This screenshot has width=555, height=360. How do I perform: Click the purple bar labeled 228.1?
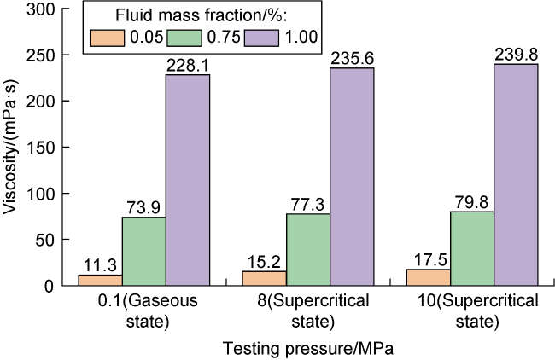click(x=188, y=180)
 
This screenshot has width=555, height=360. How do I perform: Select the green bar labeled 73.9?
click(x=143, y=251)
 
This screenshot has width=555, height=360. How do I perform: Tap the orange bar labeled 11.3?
click(x=100, y=280)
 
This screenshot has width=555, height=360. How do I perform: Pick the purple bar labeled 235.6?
click(x=352, y=177)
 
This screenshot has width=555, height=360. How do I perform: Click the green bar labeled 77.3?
click(x=308, y=249)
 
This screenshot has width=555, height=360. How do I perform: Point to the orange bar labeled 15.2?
click(x=264, y=278)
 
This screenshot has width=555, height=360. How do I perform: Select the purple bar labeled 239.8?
click(x=516, y=175)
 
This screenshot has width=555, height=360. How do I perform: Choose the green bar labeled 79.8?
click(x=472, y=248)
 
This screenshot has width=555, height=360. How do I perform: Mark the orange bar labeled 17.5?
click(x=428, y=277)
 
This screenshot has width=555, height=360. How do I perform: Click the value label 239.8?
click(x=516, y=55)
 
